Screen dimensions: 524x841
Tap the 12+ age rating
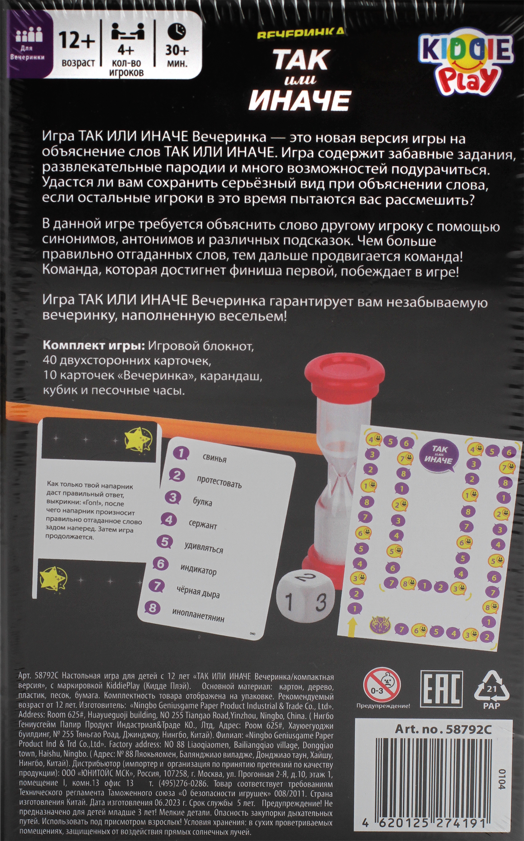click(x=77, y=41)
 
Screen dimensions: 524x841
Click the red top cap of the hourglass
click(x=345, y=370)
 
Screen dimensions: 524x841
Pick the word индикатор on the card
click(x=198, y=570)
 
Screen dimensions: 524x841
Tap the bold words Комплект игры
click(x=94, y=346)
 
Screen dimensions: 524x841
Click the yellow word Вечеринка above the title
click(x=300, y=33)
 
